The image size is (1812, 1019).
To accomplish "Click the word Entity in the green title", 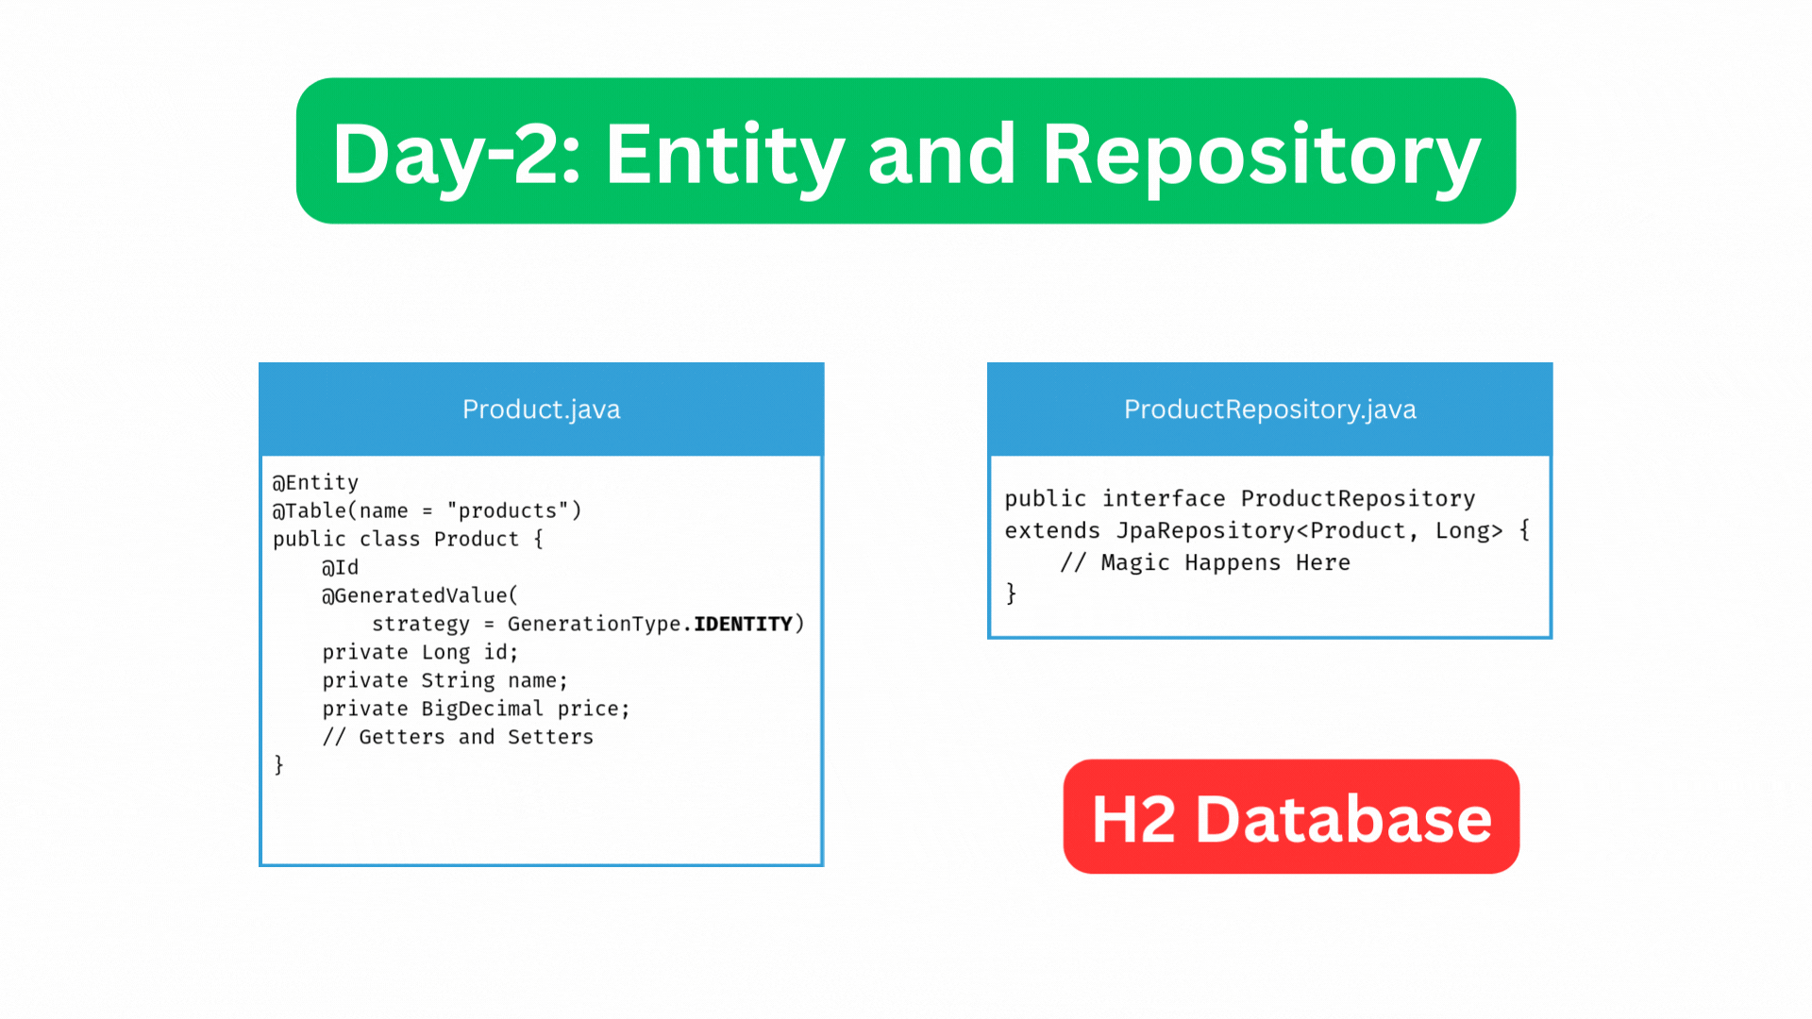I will click(x=724, y=154).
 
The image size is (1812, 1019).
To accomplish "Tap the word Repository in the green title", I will click(x=1261, y=154).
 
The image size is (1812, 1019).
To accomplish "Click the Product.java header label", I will click(x=541, y=409).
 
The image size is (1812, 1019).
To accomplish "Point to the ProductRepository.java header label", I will click(x=1269, y=409).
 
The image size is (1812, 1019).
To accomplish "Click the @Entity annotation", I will click(x=315, y=483).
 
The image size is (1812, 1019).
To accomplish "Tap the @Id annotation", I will click(x=340, y=568).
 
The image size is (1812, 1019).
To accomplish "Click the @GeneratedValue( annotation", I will click(x=420, y=596).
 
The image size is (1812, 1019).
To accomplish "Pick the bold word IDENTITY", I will click(x=743, y=625).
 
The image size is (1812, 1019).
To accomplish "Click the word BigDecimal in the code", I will click(x=482, y=710).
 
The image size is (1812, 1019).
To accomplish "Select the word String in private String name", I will click(x=458, y=681).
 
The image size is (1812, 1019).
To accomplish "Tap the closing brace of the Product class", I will click(x=278, y=765).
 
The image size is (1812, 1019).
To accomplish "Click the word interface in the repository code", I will click(x=1164, y=499).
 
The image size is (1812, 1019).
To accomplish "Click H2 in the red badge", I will click(x=1133, y=819).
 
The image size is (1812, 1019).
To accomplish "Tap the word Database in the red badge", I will click(x=1343, y=819).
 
